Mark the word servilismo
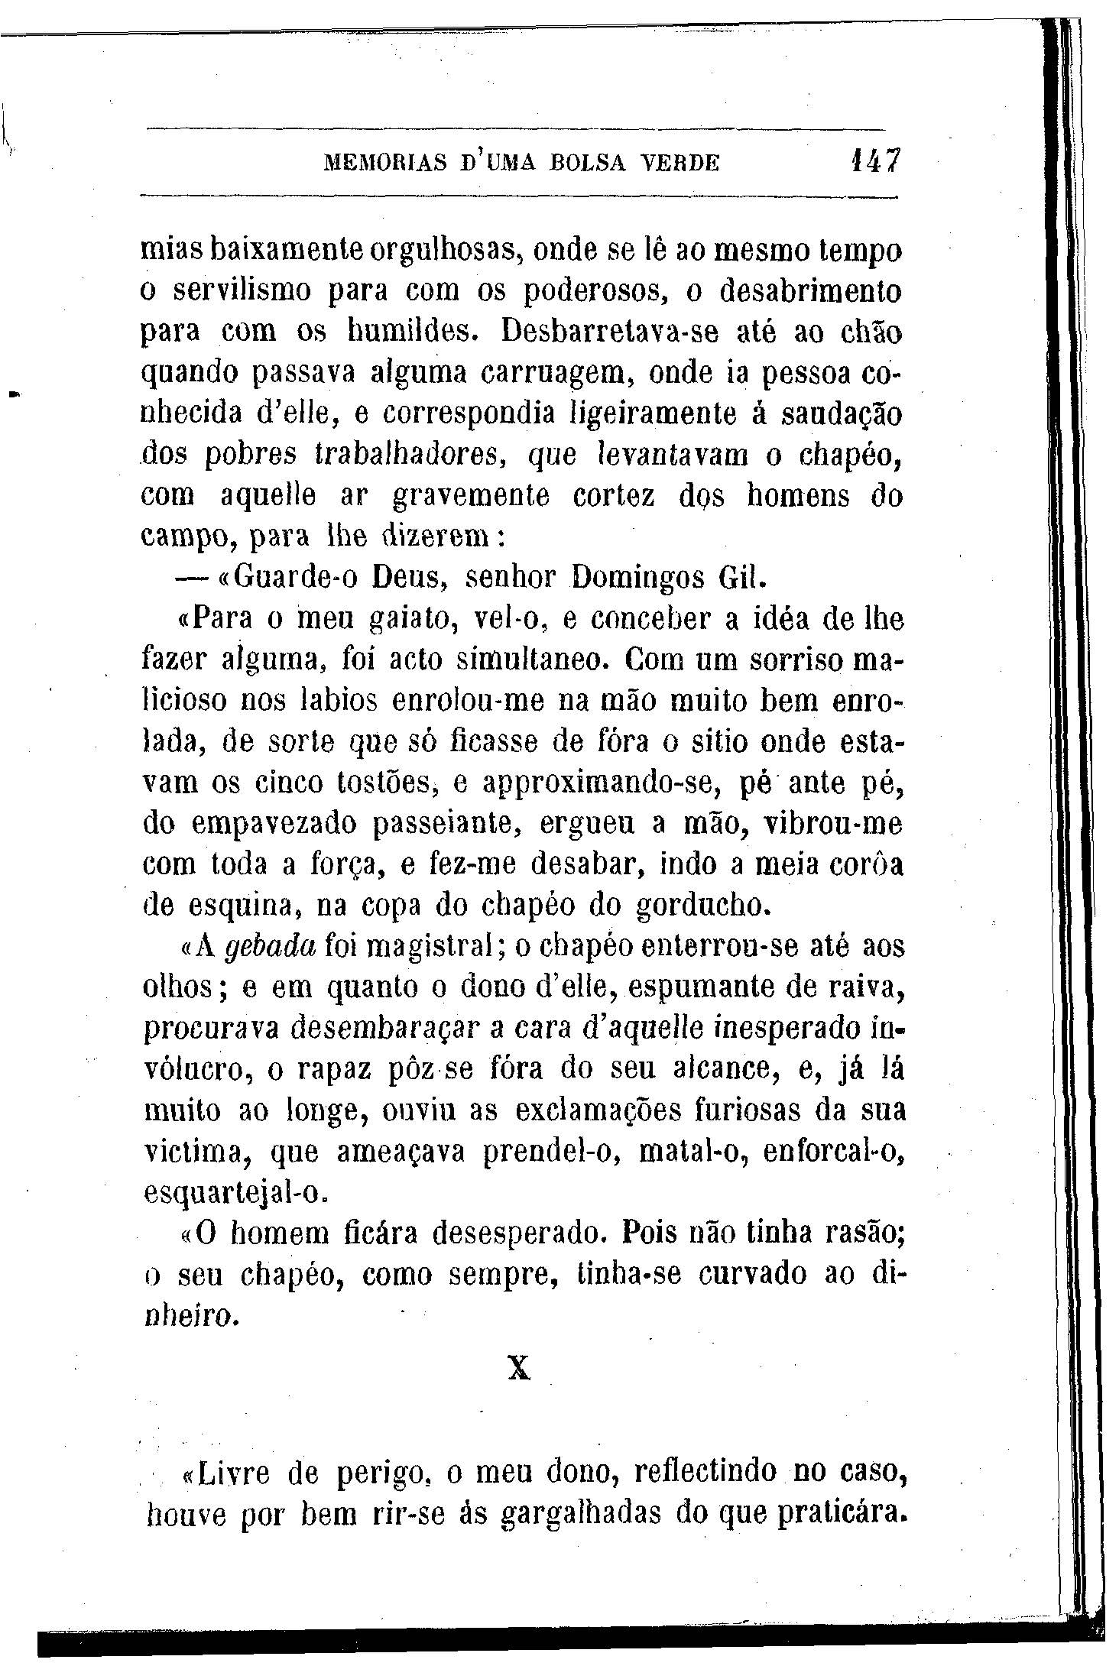coord(243,291)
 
